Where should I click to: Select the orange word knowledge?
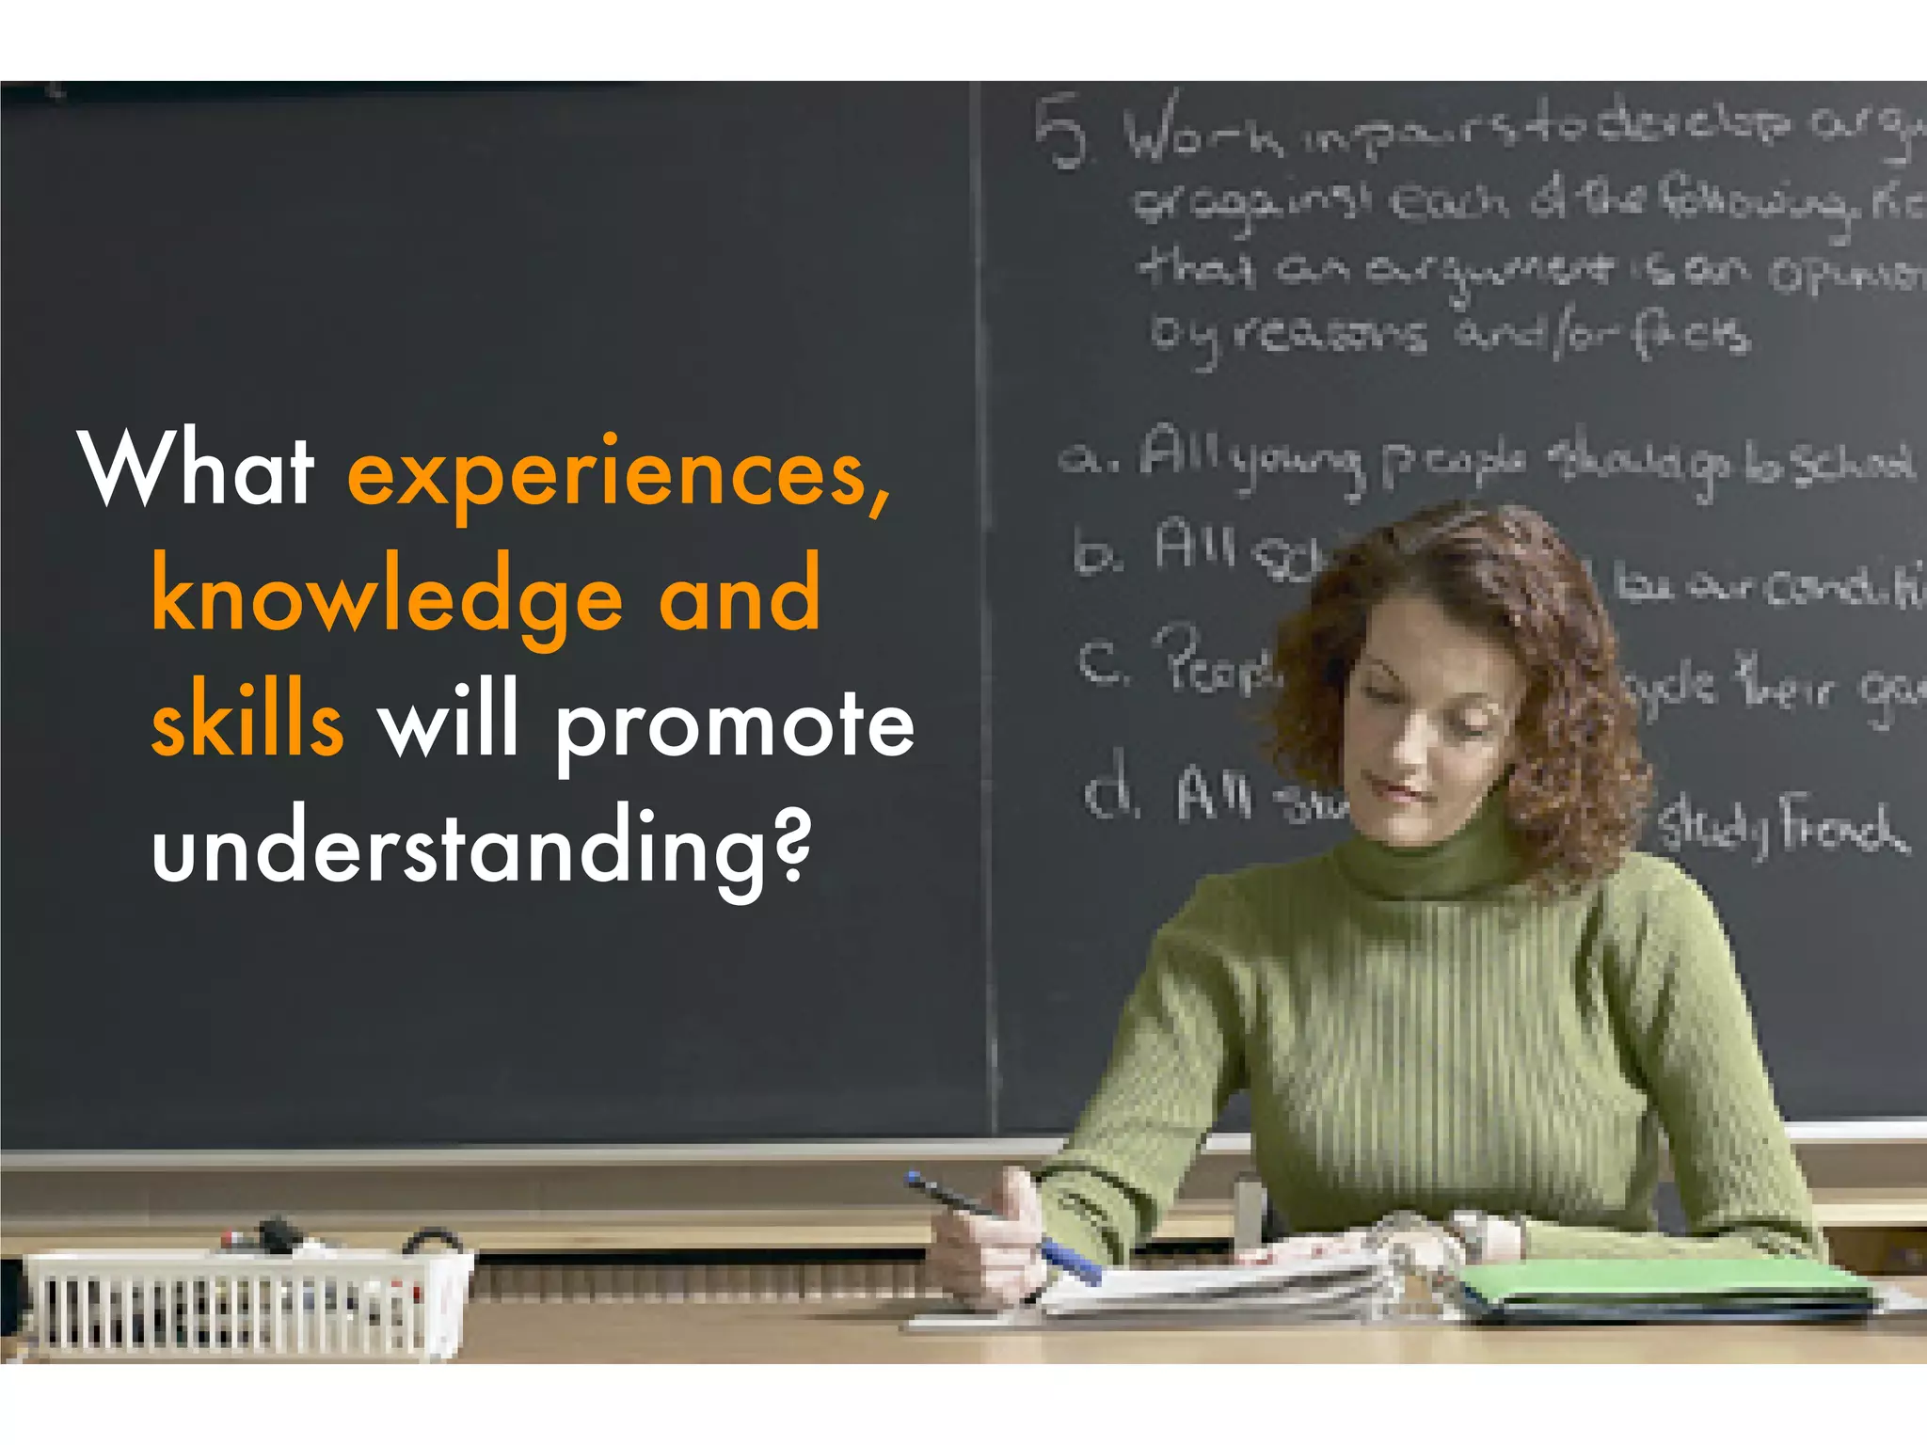tap(387, 598)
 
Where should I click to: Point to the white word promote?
tap(735, 724)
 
